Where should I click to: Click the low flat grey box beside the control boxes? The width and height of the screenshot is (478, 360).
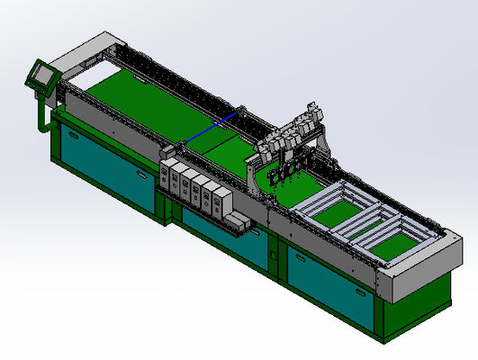(x=235, y=222)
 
